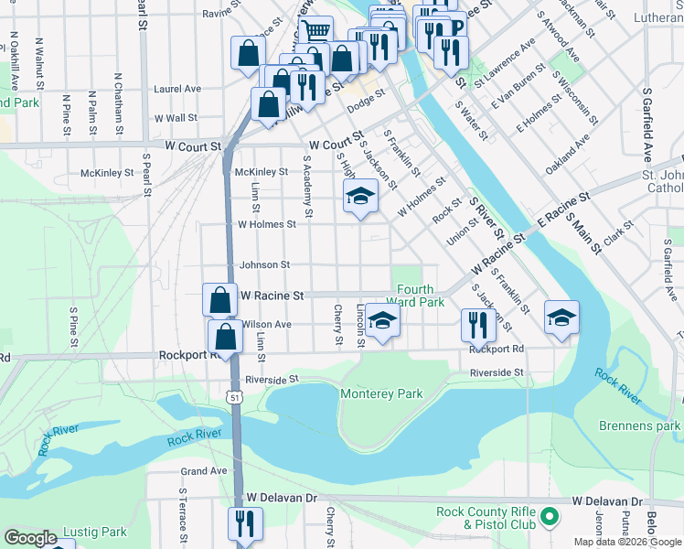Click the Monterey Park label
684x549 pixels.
tap(381, 393)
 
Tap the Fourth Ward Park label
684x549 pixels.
tap(415, 296)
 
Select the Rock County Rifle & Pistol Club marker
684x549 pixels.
tap(550, 518)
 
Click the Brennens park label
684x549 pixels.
tap(639, 426)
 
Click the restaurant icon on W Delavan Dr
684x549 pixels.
tap(244, 523)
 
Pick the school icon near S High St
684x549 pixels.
tap(360, 196)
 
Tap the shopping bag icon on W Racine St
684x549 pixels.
tap(220, 299)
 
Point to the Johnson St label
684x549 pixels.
tap(264, 265)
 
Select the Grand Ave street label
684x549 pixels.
tap(203, 471)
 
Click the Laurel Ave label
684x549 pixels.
tap(177, 90)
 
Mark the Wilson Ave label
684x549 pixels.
tap(266, 325)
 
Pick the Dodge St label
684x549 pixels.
tap(365, 102)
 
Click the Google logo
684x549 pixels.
tap(30, 539)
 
